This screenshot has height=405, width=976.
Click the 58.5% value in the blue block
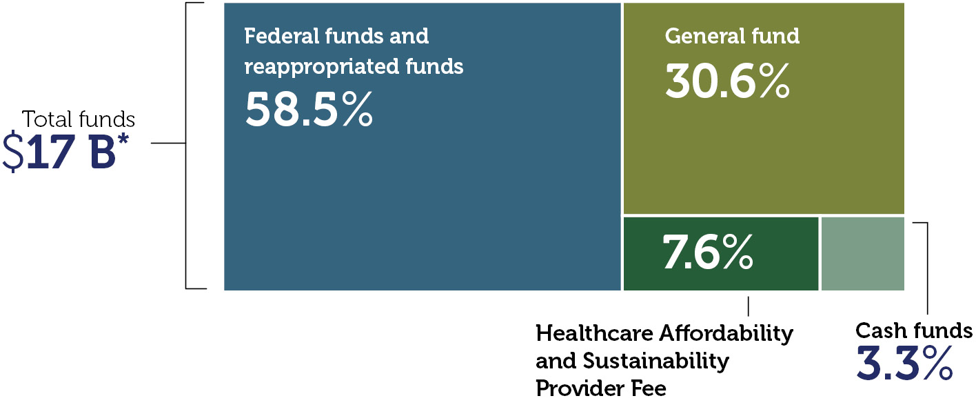pos(309,110)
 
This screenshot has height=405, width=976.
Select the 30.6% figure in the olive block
pos(727,81)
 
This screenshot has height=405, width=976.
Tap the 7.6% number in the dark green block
pos(708,253)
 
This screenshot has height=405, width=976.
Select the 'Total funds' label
pos(79,119)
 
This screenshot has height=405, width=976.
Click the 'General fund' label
pos(732,36)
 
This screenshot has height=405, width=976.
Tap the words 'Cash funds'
pos(913,331)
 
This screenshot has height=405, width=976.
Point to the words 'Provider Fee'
pos(600,388)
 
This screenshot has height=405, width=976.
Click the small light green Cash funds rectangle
pos(862,253)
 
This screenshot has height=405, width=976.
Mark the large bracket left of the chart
pos(187,144)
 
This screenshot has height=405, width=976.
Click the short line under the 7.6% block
pos(748,306)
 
